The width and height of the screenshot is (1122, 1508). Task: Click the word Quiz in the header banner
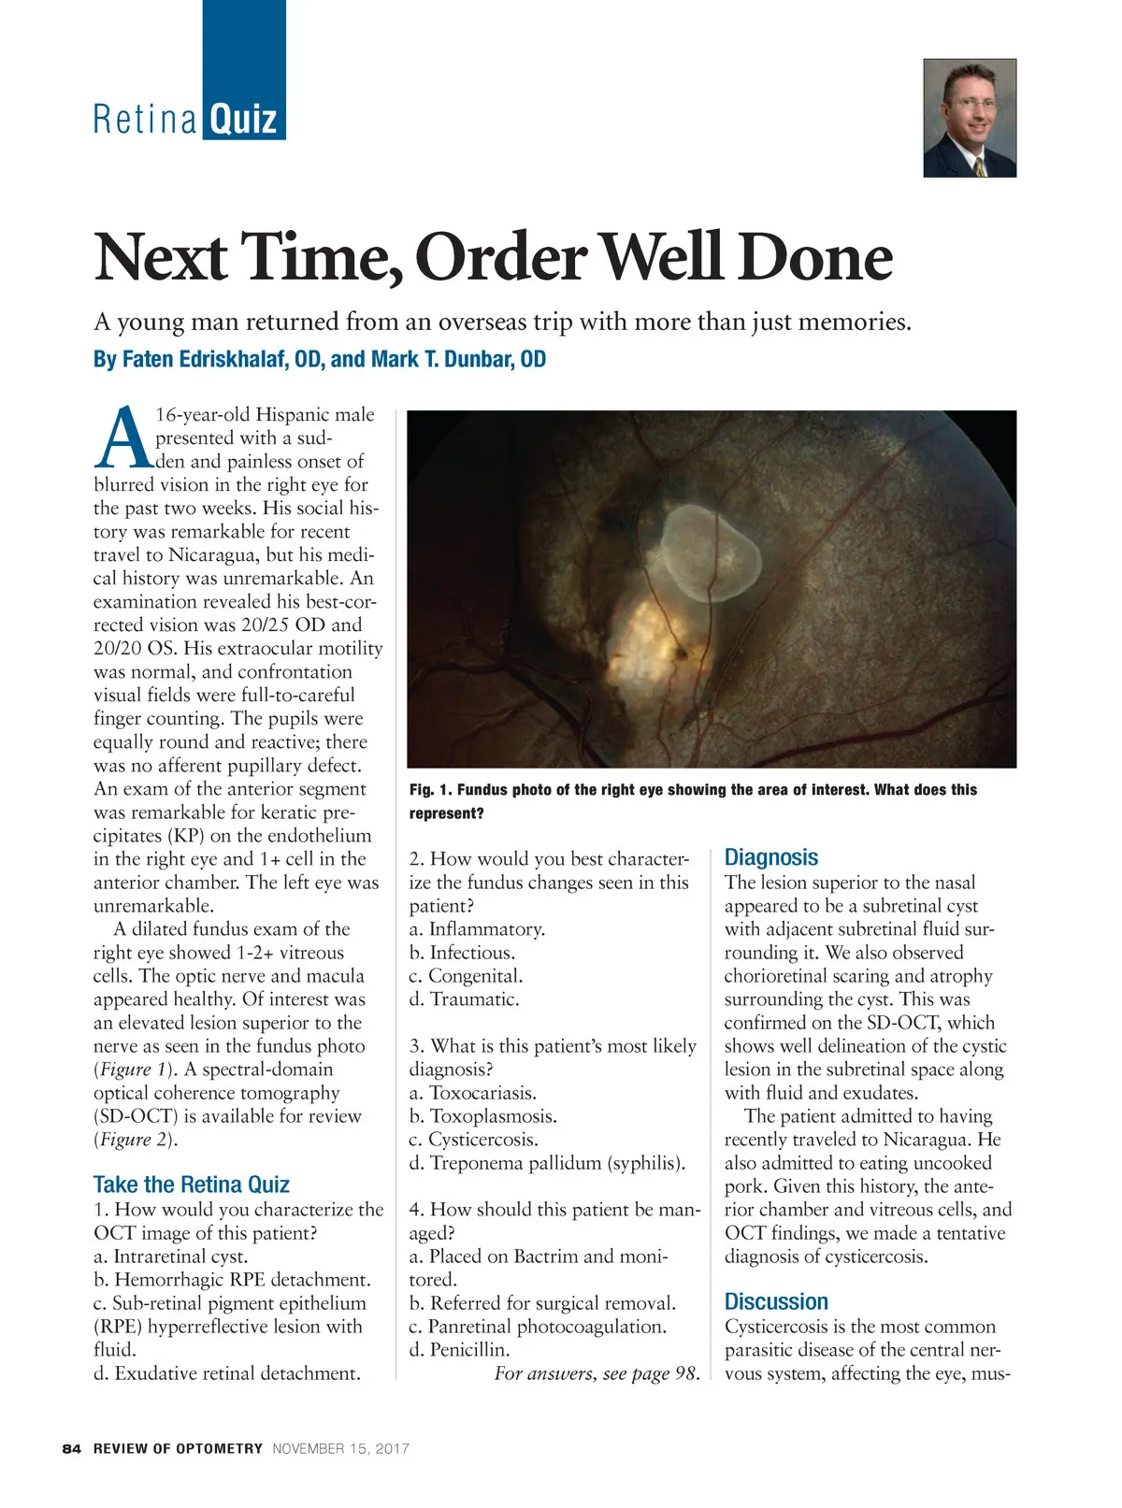coord(243,119)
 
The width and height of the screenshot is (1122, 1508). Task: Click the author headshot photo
coord(970,118)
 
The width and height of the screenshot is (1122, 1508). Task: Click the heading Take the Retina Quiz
coord(191,1185)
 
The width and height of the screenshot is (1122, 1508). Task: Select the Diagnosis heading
coord(770,857)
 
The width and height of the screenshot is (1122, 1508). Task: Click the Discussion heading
coord(776,1301)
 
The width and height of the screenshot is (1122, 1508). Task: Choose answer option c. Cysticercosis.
coord(473,1140)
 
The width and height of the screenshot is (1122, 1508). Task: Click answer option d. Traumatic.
coord(464,999)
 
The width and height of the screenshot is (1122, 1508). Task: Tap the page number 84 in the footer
coord(71,1449)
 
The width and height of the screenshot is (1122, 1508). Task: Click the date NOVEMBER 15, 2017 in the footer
coord(340,1449)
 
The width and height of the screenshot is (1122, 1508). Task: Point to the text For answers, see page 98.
coord(597,1373)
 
